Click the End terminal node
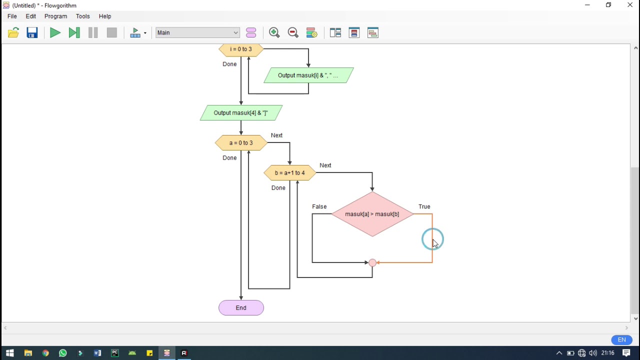(x=241, y=308)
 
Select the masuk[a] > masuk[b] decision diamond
(x=372, y=214)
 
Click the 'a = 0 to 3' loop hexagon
(x=241, y=143)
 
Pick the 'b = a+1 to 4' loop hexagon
(x=289, y=173)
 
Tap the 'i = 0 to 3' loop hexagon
(x=241, y=49)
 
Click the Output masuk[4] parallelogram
(x=241, y=113)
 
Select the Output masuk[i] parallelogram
(x=308, y=75)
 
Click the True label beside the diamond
(x=424, y=206)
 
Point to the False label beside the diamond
(x=319, y=206)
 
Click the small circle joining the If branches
(x=372, y=262)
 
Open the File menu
(x=12, y=16)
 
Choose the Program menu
(x=55, y=16)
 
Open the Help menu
(x=105, y=16)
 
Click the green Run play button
(x=55, y=33)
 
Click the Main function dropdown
(x=198, y=33)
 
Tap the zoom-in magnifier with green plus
(x=274, y=33)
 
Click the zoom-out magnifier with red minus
(x=293, y=33)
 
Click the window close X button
(x=630, y=5)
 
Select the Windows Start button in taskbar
(x=9, y=353)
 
